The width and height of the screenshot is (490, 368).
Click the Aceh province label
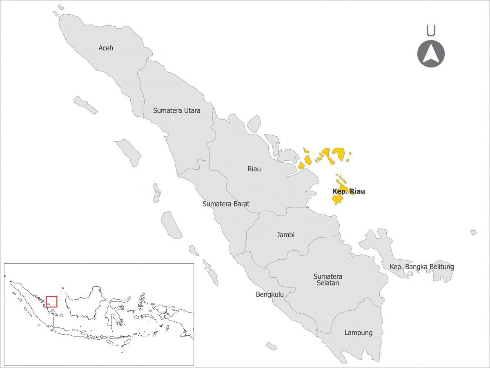[x=106, y=48]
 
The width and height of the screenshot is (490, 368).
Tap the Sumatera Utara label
[x=176, y=110]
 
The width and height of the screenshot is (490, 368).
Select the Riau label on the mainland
[x=254, y=169]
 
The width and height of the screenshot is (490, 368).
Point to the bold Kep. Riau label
[x=348, y=191]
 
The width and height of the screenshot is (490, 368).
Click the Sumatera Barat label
[x=226, y=204]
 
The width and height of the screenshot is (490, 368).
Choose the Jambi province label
[x=285, y=235]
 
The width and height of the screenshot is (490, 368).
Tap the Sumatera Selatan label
[x=328, y=280]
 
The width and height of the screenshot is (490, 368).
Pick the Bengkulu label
[x=269, y=294]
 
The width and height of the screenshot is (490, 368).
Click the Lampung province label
[x=358, y=332]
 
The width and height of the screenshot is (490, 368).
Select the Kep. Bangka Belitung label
[x=422, y=267]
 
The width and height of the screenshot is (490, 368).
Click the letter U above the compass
[x=430, y=31]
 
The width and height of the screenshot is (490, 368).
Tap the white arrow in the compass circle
[x=431, y=54]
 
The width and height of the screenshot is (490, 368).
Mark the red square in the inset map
[x=51, y=301]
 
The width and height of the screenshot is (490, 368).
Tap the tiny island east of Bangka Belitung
[x=473, y=232]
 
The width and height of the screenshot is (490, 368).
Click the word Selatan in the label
[x=327, y=283]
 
